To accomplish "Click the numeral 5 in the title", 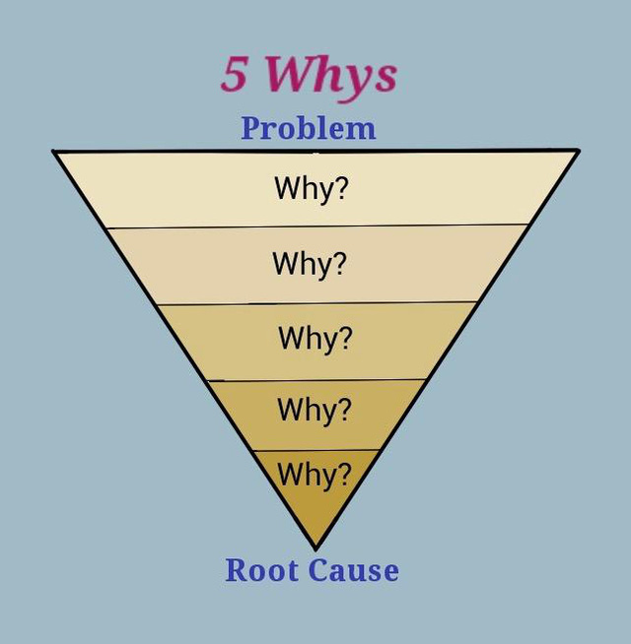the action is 235,73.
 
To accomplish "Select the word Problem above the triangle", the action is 308,129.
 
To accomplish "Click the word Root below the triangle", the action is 262,570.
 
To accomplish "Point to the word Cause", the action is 353,570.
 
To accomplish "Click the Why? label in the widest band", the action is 312,189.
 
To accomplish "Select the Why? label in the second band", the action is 310,265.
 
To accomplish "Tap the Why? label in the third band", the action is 315,340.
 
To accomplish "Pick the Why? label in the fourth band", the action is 315,411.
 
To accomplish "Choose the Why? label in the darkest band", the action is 315,475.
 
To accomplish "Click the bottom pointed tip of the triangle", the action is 315,549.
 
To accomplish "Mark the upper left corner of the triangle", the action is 54,152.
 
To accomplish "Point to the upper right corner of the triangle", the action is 578,151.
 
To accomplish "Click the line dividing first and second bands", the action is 317,226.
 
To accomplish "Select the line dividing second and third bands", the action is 317,303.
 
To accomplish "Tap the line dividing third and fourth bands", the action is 316,380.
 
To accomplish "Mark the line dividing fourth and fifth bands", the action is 315,451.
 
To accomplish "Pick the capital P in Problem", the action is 250,128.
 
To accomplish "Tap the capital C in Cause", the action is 319,570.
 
